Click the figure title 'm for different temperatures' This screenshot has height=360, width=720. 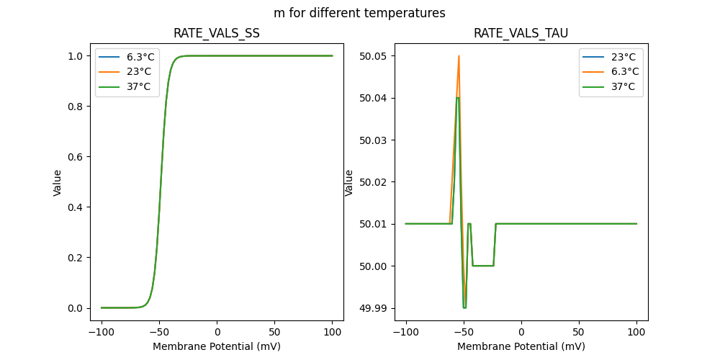point(359,13)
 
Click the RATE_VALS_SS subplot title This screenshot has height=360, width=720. point(217,34)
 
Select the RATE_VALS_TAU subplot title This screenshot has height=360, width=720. point(521,34)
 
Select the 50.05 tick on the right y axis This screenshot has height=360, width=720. point(375,56)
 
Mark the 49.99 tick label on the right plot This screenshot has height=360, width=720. point(375,308)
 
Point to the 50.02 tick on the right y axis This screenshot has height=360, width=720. point(375,182)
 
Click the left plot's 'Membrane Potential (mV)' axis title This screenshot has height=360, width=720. point(217,346)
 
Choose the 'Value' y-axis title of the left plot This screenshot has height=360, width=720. point(58,182)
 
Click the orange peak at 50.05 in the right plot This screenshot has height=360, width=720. point(459,56)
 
